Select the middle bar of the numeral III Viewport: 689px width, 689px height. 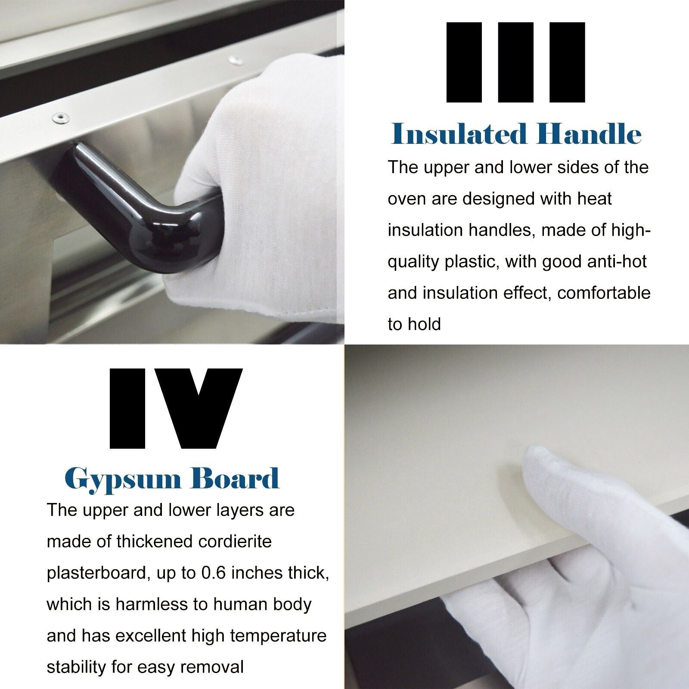515,62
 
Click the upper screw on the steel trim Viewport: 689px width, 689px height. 235,61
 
